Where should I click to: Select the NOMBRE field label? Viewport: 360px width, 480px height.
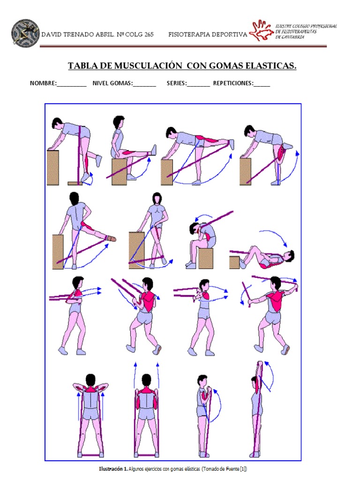click(x=43, y=84)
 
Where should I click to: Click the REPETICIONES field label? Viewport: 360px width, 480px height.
click(x=233, y=84)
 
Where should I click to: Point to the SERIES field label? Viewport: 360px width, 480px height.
click(x=176, y=84)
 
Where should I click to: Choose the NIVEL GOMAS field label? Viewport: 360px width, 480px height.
click(x=112, y=84)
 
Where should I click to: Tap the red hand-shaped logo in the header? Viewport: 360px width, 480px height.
click(x=261, y=31)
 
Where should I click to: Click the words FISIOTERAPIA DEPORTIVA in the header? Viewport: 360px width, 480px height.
click(x=207, y=35)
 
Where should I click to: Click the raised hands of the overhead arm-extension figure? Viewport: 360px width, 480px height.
click(x=259, y=364)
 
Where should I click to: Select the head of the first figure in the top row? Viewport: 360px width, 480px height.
click(x=57, y=123)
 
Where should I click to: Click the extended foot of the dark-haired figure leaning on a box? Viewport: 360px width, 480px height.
click(x=111, y=239)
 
